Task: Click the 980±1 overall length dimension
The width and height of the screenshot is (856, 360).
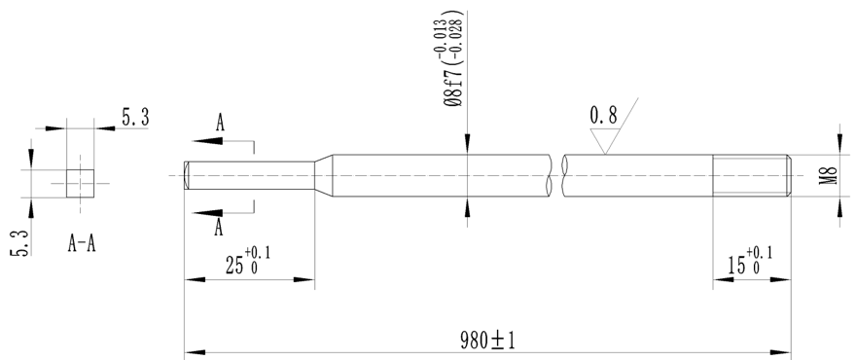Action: click(486, 341)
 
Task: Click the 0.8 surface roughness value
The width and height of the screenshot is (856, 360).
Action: click(603, 116)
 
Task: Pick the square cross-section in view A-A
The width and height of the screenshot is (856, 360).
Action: click(80, 182)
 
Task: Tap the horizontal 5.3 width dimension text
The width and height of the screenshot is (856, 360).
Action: click(135, 117)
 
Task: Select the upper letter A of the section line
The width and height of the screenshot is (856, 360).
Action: click(221, 124)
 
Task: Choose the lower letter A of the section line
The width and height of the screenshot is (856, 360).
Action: click(220, 228)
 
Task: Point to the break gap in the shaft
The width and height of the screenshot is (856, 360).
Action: click(557, 176)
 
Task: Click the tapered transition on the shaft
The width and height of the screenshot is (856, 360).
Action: click(325, 176)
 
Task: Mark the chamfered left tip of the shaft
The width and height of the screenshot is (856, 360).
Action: click(187, 176)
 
